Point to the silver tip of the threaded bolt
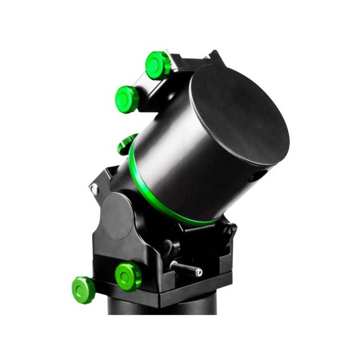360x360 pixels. tap(199, 273)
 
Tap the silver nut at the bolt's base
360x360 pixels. tap(173, 264)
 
